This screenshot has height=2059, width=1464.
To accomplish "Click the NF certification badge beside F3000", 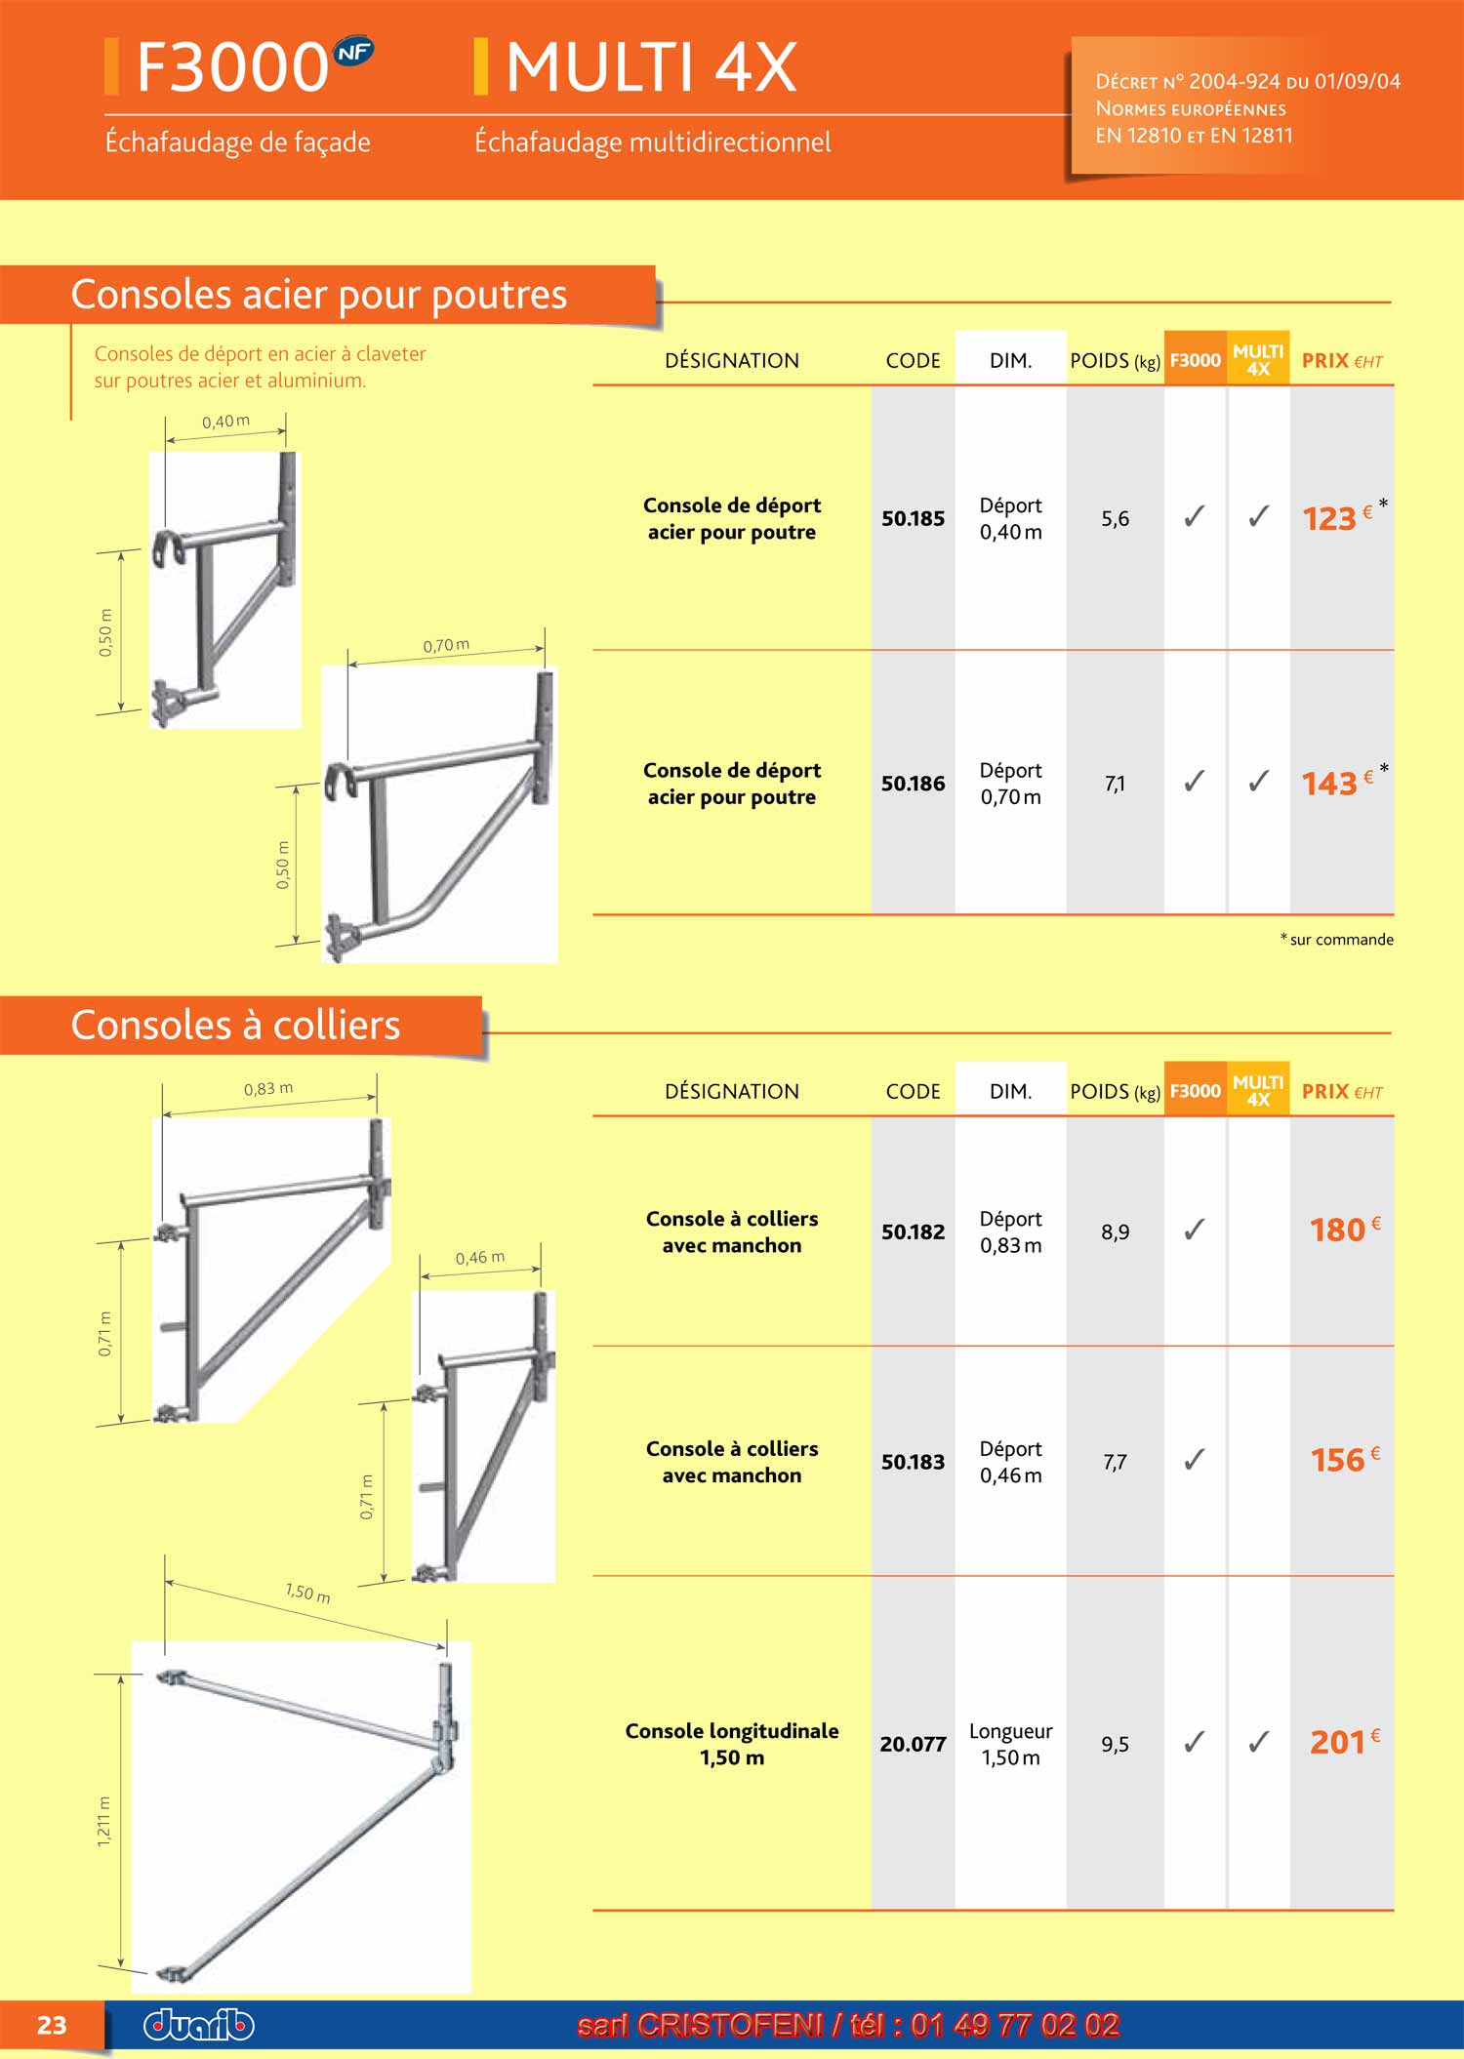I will [352, 53].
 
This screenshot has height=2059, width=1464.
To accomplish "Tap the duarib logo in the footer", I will [199, 2025].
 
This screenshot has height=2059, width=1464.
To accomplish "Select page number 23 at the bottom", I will [52, 2026].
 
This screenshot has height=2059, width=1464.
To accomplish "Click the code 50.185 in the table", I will [913, 518].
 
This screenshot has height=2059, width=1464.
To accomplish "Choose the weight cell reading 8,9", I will [1115, 1231].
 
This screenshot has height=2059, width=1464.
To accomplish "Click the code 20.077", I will [913, 1744].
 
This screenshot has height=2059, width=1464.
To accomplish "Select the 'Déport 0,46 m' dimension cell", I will [1010, 1462].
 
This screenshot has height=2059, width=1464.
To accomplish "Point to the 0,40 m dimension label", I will [225, 422].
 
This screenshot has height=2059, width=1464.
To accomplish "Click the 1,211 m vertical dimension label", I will [104, 1821].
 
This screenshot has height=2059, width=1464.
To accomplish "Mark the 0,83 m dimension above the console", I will [268, 1089].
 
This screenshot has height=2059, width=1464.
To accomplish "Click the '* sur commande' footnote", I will [1336, 940].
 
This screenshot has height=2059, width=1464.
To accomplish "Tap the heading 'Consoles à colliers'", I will [236, 1026].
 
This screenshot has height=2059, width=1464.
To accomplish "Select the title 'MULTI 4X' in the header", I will [651, 68].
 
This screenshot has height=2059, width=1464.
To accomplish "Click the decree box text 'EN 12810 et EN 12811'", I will [1194, 136].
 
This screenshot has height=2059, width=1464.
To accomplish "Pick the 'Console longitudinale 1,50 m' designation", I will [732, 1744].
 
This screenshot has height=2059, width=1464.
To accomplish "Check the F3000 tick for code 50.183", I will [1194, 1460].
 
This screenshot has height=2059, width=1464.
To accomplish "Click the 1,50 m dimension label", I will [307, 1594].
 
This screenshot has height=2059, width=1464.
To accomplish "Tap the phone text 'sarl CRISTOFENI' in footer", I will [701, 2026].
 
